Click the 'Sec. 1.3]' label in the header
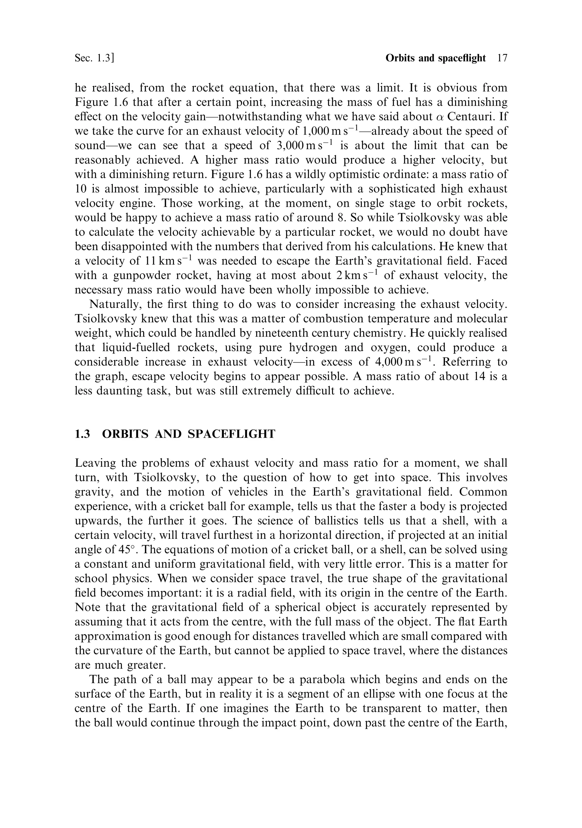pos(94,59)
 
